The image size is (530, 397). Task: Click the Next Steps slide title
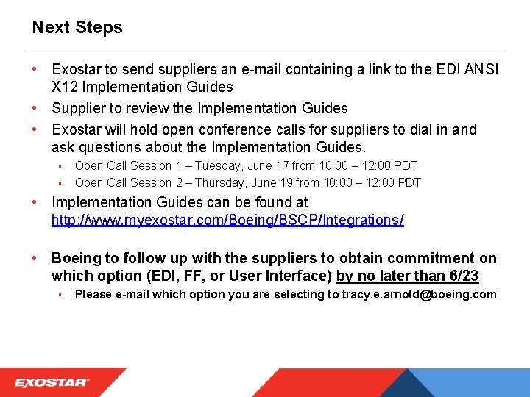(77, 28)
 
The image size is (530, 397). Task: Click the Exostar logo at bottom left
(52, 382)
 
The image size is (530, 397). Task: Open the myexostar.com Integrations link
(227, 220)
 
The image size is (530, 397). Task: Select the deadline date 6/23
(462, 276)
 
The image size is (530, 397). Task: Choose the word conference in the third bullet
(238, 129)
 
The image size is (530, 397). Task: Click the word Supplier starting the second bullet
(80, 108)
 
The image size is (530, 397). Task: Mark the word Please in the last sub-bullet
(93, 295)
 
